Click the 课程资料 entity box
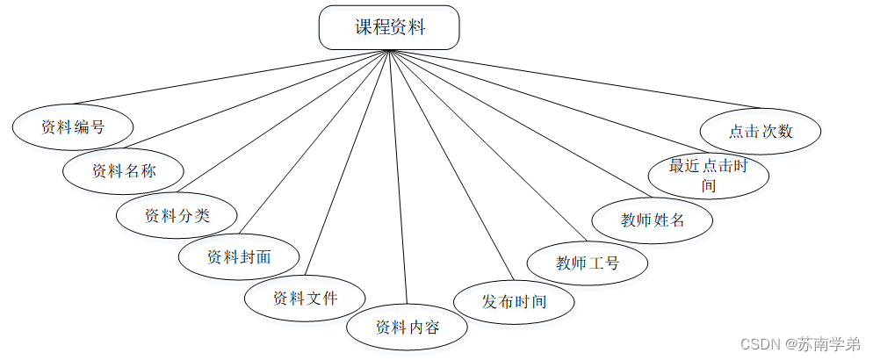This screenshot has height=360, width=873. coord(388,27)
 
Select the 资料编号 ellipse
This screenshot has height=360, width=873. coord(73,126)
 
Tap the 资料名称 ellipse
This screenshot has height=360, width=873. coord(124,170)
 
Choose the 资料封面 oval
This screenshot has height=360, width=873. coord(239,256)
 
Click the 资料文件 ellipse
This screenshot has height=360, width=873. coord(305,298)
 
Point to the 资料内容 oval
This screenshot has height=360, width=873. coord(407,328)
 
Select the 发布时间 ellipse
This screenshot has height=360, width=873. coord(514,302)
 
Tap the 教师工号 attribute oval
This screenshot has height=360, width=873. coord(588,262)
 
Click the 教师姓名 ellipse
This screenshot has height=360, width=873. coord(653,220)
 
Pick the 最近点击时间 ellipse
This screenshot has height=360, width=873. coord(708,175)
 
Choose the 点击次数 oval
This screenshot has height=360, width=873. coord(761,132)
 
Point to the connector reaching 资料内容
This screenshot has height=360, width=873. coord(397,176)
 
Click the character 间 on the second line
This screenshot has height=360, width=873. coord(709,185)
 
